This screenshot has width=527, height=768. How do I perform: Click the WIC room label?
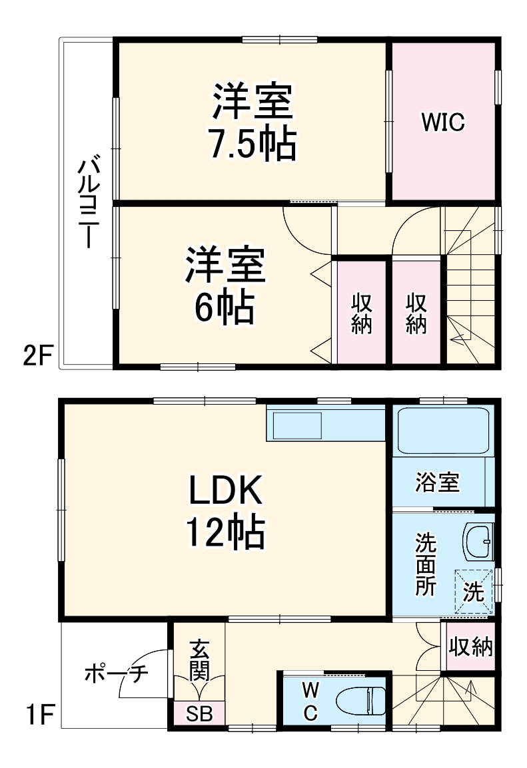(x=442, y=122)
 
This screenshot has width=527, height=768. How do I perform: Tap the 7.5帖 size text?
(x=251, y=144)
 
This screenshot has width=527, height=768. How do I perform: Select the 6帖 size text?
(x=226, y=307)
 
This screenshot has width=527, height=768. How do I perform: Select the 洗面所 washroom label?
(x=426, y=564)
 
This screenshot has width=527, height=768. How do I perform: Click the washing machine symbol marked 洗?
(x=474, y=592)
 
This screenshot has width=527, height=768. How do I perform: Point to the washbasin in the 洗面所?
(x=478, y=542)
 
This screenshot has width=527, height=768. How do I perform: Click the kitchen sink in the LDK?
(x=298, y=425)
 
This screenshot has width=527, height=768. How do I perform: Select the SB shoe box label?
(x=199, y=715)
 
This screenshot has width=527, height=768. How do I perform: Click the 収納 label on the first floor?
(x=470, y=646)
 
